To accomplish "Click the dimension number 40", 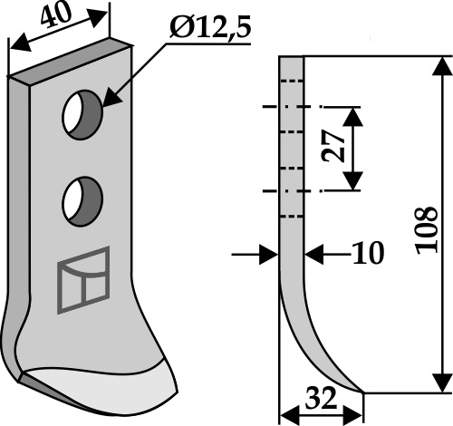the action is (56, 15).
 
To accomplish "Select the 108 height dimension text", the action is (427, 230).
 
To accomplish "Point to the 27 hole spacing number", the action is (333, 146).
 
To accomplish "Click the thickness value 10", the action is (369, 253).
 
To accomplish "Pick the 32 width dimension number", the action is (321, 398).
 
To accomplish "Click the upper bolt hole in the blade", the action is (82, 114).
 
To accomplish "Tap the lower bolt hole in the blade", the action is (82, 201).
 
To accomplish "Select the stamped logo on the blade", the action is (83, 280).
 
